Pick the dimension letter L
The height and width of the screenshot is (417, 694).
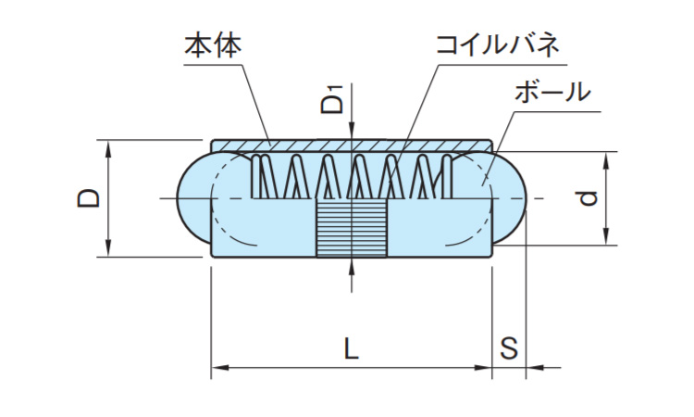351,349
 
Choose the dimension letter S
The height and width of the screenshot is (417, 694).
508,349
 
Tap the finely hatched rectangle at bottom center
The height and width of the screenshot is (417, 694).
352,229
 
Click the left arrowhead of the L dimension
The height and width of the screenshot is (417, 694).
218,369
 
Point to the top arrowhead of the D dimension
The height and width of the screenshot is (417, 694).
109,147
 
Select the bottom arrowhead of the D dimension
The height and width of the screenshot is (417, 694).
109,249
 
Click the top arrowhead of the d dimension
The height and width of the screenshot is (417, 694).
607,158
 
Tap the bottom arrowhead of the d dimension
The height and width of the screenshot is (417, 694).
607,239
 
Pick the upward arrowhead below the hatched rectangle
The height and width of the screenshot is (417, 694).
352,266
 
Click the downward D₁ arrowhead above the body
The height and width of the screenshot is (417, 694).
352,133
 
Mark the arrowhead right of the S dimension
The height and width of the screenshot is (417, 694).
533,369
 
